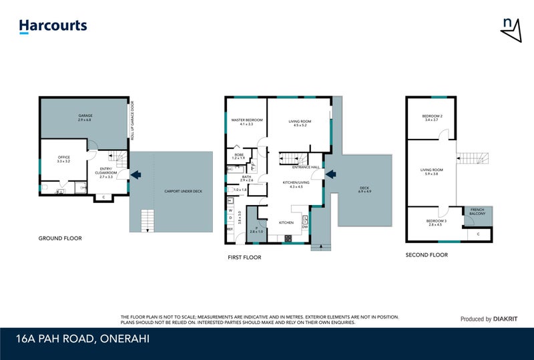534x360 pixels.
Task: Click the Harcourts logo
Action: click(53, 26)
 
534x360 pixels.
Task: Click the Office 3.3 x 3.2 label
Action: click(64, 159)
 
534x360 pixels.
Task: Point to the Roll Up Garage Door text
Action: click(132, 124)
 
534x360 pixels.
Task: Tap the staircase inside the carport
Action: click(146, 220)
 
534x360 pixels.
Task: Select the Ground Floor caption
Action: click(59, 238)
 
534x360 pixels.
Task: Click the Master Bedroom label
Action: click(246, 122)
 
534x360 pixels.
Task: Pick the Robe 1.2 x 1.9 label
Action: click(238, 156)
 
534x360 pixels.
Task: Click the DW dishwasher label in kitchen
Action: click(304, 226)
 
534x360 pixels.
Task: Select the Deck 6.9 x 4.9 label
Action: click(364, 190)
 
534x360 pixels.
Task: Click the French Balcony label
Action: click(477, 212)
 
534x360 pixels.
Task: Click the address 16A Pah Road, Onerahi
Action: click(82, 339)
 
